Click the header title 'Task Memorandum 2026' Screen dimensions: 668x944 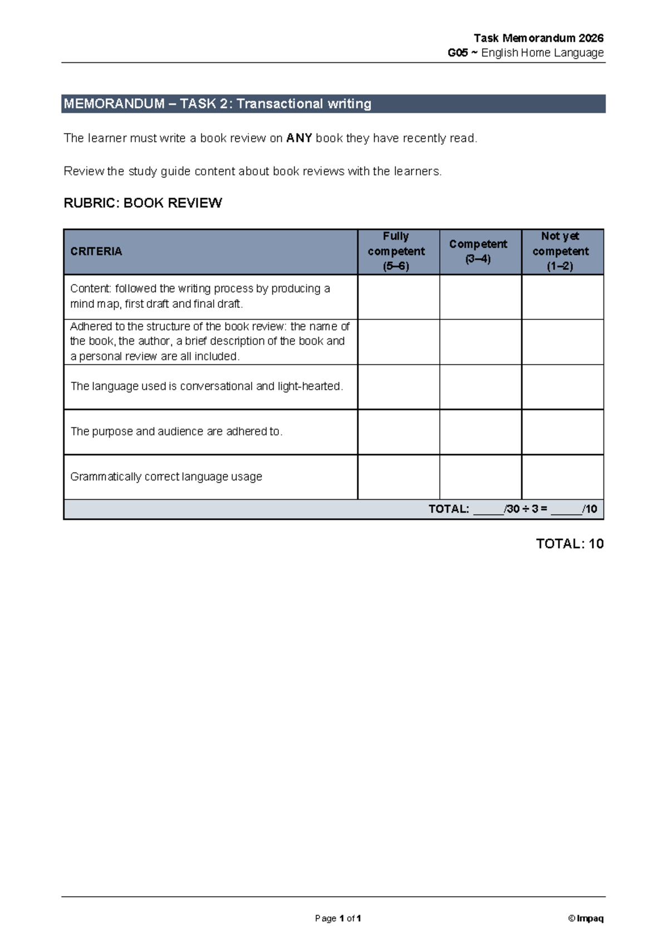click(538, 38)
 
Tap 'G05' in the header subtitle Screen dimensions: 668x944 click(458, 53)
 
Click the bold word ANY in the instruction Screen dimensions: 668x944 click(299, 138)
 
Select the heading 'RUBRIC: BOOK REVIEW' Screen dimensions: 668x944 click(143, 203)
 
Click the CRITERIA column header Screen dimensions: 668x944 click(96, 252)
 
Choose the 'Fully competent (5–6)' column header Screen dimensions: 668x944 click(396, 251)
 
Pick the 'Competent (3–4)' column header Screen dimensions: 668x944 click(478, 251)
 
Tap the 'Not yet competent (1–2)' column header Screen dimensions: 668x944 click(561, 251)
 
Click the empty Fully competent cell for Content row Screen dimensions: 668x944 click(399, 297)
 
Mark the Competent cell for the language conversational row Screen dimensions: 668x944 click(480, 387)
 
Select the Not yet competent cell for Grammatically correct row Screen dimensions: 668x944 click(562, 477)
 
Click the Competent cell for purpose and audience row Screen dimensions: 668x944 click(480, 432)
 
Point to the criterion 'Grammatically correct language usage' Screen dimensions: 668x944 click(166, 477)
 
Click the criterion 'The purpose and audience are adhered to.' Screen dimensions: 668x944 click(176, 431)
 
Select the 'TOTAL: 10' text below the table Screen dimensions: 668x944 click(569, 544)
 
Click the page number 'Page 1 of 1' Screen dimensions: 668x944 click(338, 918)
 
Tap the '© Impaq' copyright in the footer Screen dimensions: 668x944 click(586, 918)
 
